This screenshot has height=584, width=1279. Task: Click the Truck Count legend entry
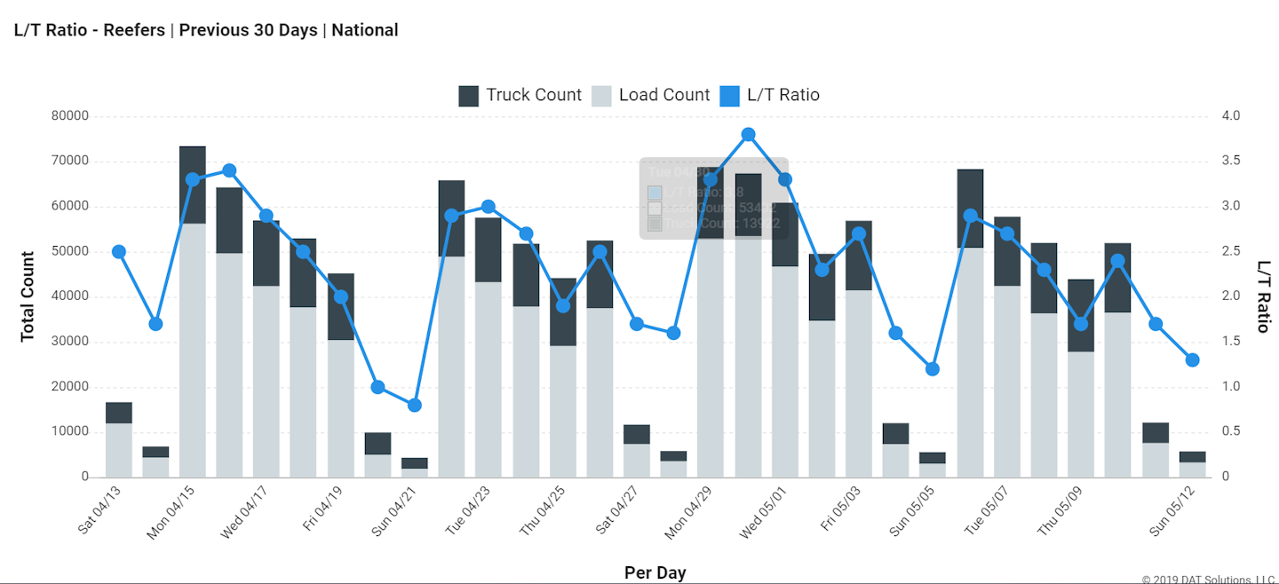(x=520, y=95)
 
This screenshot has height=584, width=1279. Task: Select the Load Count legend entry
(x=651, y=95)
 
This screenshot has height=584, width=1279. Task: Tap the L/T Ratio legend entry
(x=768, y=95)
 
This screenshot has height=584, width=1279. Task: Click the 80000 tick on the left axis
(x=70, y=116)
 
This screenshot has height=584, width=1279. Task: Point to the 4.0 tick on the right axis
(x=1230, y=116)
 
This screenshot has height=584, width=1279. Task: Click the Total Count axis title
(x=28, y=296)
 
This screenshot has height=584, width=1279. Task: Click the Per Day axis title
(x=655, y=572)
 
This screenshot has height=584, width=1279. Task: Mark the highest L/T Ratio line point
(x=748, y=135)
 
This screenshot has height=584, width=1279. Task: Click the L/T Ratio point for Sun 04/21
(x=414, y=405)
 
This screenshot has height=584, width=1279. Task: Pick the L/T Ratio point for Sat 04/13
(x=119, y=252)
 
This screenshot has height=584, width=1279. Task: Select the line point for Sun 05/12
(x=1192, y=359)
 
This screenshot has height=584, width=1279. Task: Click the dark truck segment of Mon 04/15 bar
(x=193, y=185)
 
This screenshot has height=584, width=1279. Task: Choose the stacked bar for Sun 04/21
(x=414, y=468)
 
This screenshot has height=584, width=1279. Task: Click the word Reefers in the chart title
(x=134, y=30)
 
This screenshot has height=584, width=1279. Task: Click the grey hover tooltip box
(x=713, y=198)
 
